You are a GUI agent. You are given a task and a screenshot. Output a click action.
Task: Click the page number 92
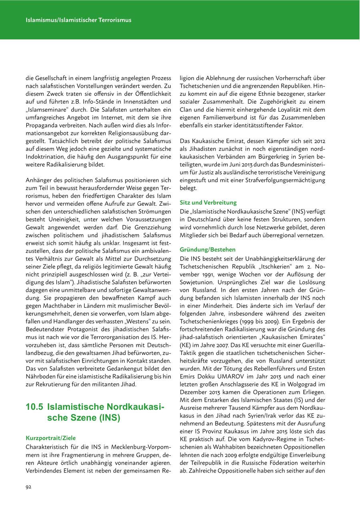coord(28,487)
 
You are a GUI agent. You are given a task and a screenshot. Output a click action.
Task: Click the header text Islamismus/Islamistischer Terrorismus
coord(78,20)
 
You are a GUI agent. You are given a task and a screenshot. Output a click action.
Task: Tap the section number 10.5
coord(34,407)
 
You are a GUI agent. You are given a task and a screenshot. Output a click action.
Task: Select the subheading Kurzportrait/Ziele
coord(50,438)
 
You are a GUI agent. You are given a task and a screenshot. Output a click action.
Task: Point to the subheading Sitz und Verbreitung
coord(208,202)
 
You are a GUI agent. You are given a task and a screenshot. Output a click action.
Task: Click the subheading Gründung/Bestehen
coord(208,250)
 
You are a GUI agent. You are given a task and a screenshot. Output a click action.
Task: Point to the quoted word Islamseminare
coord(48,109)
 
